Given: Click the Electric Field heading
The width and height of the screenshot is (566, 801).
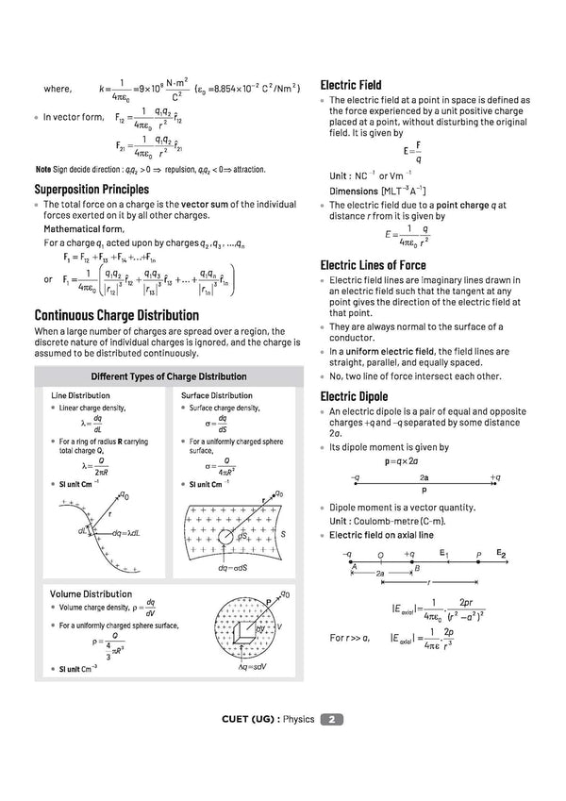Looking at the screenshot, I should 351,85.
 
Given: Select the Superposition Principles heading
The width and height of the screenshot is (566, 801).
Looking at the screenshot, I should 92,190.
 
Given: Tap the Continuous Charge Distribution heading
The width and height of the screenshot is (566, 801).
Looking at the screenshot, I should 116,315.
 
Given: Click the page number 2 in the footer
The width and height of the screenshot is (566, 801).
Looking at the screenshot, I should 332,720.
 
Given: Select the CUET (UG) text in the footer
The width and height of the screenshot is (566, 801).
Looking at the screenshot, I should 249,720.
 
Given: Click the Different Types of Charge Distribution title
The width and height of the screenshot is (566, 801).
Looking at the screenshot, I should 168,376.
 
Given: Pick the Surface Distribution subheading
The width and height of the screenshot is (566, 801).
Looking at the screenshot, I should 216,395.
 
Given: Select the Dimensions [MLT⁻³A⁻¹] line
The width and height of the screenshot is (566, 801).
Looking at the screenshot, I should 369,191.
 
